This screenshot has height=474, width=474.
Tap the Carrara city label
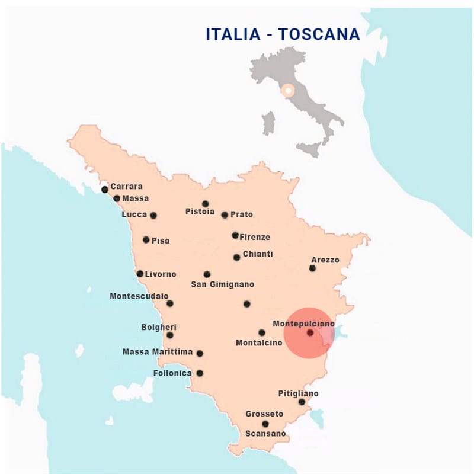coord(126,186)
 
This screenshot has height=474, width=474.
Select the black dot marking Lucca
coord(153,216)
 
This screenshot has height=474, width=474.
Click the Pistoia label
coord(200,212)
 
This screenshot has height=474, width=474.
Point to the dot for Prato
coord(225,215)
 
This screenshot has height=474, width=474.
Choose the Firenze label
coord(255,237)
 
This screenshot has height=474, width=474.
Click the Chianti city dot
coord(236,257)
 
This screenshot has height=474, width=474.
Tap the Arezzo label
coord(325,260)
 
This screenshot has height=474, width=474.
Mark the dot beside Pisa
coord(146,240)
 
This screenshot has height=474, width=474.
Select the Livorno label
coord(161,274)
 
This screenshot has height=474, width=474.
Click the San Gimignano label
coord(222,284)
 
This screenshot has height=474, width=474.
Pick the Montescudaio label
coord(139,296)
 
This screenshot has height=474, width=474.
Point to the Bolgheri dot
coord(170,335)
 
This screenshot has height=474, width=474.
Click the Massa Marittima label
coord(158,352)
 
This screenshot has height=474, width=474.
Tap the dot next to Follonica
coord(200,373)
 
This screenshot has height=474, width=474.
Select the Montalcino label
coord(259,342)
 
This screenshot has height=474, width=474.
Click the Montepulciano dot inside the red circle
coord(310,333)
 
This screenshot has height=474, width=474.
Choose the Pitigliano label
coord(298,393)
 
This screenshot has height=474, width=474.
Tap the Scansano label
coord(265,434)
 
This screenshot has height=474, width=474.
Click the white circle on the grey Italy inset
coord(288,91)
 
